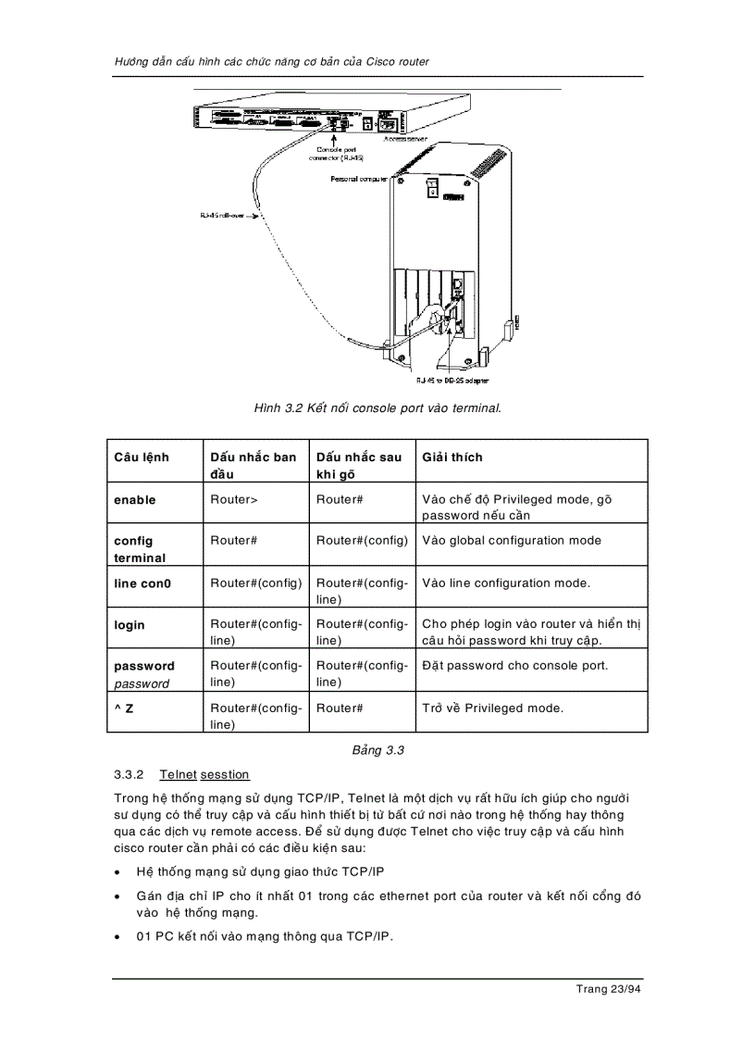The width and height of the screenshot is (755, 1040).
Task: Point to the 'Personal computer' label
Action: [360, 179]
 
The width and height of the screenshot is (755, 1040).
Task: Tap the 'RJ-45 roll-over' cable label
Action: [222, 216]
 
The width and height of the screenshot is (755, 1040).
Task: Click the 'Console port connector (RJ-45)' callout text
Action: [335, 153]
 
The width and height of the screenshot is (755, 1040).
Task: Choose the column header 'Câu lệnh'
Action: [142, 457]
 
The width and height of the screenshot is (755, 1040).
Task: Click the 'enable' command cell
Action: [135, 500]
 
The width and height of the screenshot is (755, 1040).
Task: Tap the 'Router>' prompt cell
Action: [234, 500]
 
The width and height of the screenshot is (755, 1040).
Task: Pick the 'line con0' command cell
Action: [142, 583]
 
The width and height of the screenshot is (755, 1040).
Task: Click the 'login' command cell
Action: [130, 625]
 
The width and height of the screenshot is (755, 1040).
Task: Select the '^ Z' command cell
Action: [124, 708]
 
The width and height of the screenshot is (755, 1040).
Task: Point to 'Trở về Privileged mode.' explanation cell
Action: [492, 708]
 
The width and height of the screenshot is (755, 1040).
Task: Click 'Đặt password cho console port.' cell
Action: [514, 666]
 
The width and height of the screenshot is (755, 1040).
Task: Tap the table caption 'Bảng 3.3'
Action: [377, 750]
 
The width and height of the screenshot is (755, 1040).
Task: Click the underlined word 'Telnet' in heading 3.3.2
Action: [178, 774]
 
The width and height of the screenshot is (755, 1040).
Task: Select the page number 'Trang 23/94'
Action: [608, 989]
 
